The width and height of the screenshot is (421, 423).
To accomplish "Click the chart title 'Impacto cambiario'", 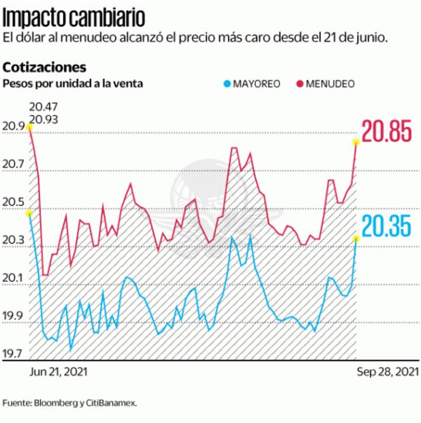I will (x=74, y=15).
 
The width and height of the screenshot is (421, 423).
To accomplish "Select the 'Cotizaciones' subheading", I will (x=44, y=68).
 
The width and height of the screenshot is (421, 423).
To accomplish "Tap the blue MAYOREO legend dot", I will (x=227, y=84).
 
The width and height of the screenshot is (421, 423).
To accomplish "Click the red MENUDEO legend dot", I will (x=299, y=84).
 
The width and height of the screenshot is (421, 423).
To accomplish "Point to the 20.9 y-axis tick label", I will (x=13, y=127).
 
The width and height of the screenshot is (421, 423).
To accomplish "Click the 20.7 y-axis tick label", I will (x=13, y=164).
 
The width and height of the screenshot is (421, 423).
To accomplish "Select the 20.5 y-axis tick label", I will (x=13, y=203).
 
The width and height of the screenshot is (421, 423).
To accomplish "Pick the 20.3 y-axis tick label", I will (x=13, y=241).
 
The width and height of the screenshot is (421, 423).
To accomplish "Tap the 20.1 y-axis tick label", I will (x=13, y=278).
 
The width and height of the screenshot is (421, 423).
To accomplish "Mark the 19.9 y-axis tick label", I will (x=13, y=317).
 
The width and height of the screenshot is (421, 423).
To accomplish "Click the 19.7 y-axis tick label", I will (x=13, y=354).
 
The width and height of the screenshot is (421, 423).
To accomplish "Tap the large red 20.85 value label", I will (x=386, y=132).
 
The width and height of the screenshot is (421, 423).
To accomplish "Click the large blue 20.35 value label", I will (x=386, y=226).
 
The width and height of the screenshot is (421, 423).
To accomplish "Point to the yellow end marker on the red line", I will (x=356, y=142).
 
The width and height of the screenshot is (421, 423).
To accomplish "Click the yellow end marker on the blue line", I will (x=356, y=237).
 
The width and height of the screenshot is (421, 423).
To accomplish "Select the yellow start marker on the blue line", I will (x=29, y=214).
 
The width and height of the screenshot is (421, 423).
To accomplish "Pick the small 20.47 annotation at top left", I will (x=42, y=107).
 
